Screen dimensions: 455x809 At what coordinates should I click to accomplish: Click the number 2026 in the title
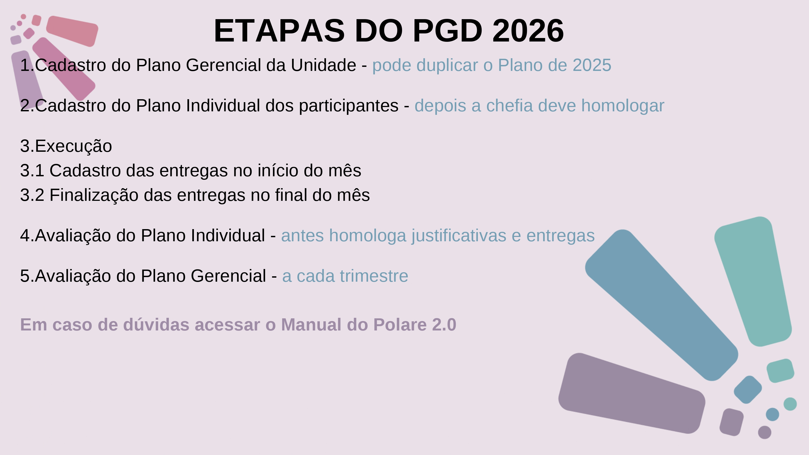(528, 31)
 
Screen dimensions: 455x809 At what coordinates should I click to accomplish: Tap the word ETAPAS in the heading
(279, 31)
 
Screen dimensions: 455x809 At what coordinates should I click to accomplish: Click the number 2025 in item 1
(592, 65)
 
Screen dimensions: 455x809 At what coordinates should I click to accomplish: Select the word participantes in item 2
(349, 105)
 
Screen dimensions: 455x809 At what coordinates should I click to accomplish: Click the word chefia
(509, 105)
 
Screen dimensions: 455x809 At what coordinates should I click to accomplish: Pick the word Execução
(73, 146)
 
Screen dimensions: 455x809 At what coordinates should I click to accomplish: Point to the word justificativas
(459, 236)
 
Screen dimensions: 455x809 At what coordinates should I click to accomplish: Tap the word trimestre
(374, 276)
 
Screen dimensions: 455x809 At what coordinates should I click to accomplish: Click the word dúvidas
(156, 324)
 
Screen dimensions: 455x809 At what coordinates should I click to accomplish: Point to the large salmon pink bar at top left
(72, 31)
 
